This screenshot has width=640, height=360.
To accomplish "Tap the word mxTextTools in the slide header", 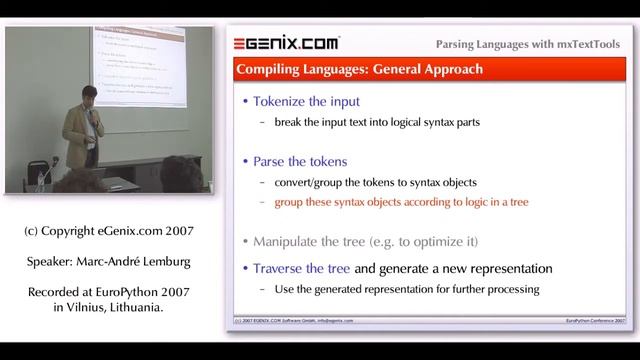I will tap(583, 44).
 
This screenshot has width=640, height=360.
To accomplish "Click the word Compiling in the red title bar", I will tap(269, 70).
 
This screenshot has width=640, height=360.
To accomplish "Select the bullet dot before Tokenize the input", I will tap(248, 102).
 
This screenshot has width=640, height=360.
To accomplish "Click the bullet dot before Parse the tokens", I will tap(248, 160).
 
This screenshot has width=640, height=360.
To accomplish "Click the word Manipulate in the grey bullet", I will tap(295, 240).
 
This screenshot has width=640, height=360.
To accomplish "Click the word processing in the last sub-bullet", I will tap(512, 290).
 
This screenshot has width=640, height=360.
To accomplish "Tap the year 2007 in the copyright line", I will tap(176, 231).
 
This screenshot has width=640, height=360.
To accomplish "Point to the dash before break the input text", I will tap(263, 123).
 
